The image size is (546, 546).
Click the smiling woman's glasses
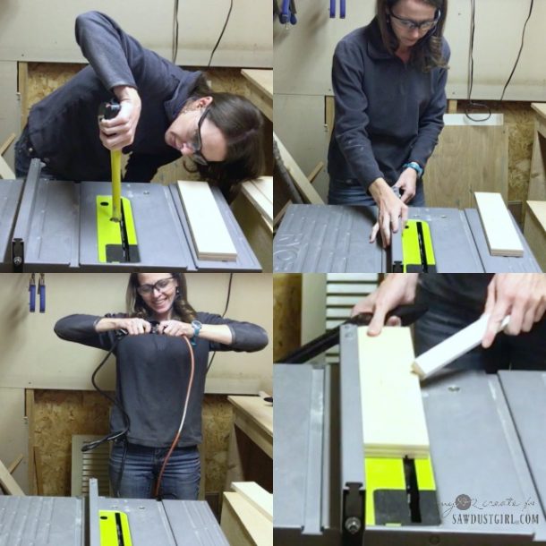point(156,286)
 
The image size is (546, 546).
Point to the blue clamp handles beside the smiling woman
point(36,292)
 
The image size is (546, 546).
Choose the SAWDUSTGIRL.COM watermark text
point(496,517)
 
